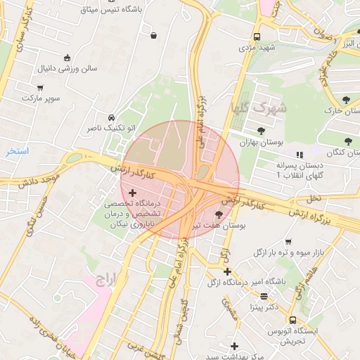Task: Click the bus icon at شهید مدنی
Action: click(256, 37)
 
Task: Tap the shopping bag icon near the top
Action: click(154, 35)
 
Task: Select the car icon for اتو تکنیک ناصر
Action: click(111, 117)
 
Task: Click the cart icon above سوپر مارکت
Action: click(40, 87)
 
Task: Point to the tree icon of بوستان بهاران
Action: click(261, 131)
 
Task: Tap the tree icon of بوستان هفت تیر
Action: click(218, 215)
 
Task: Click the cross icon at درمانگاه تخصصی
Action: click(132, 192)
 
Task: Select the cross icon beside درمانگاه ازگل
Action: click(227, 271)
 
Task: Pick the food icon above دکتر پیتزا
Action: click(264, 296)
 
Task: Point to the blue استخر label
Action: click(16, 150)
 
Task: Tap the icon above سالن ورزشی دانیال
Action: click(67, 58)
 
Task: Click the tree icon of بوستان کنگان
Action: click(348, 141)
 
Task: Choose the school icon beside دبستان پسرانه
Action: click(300, 154)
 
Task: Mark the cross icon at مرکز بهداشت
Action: click(235, 346)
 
